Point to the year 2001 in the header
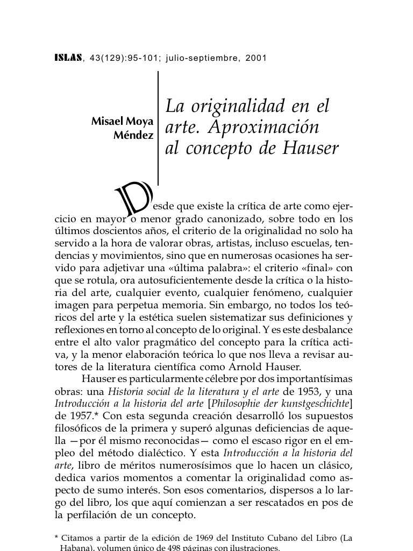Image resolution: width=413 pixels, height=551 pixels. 256,58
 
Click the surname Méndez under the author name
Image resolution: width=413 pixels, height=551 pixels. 133,135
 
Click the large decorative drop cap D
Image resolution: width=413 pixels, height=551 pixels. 134,199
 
